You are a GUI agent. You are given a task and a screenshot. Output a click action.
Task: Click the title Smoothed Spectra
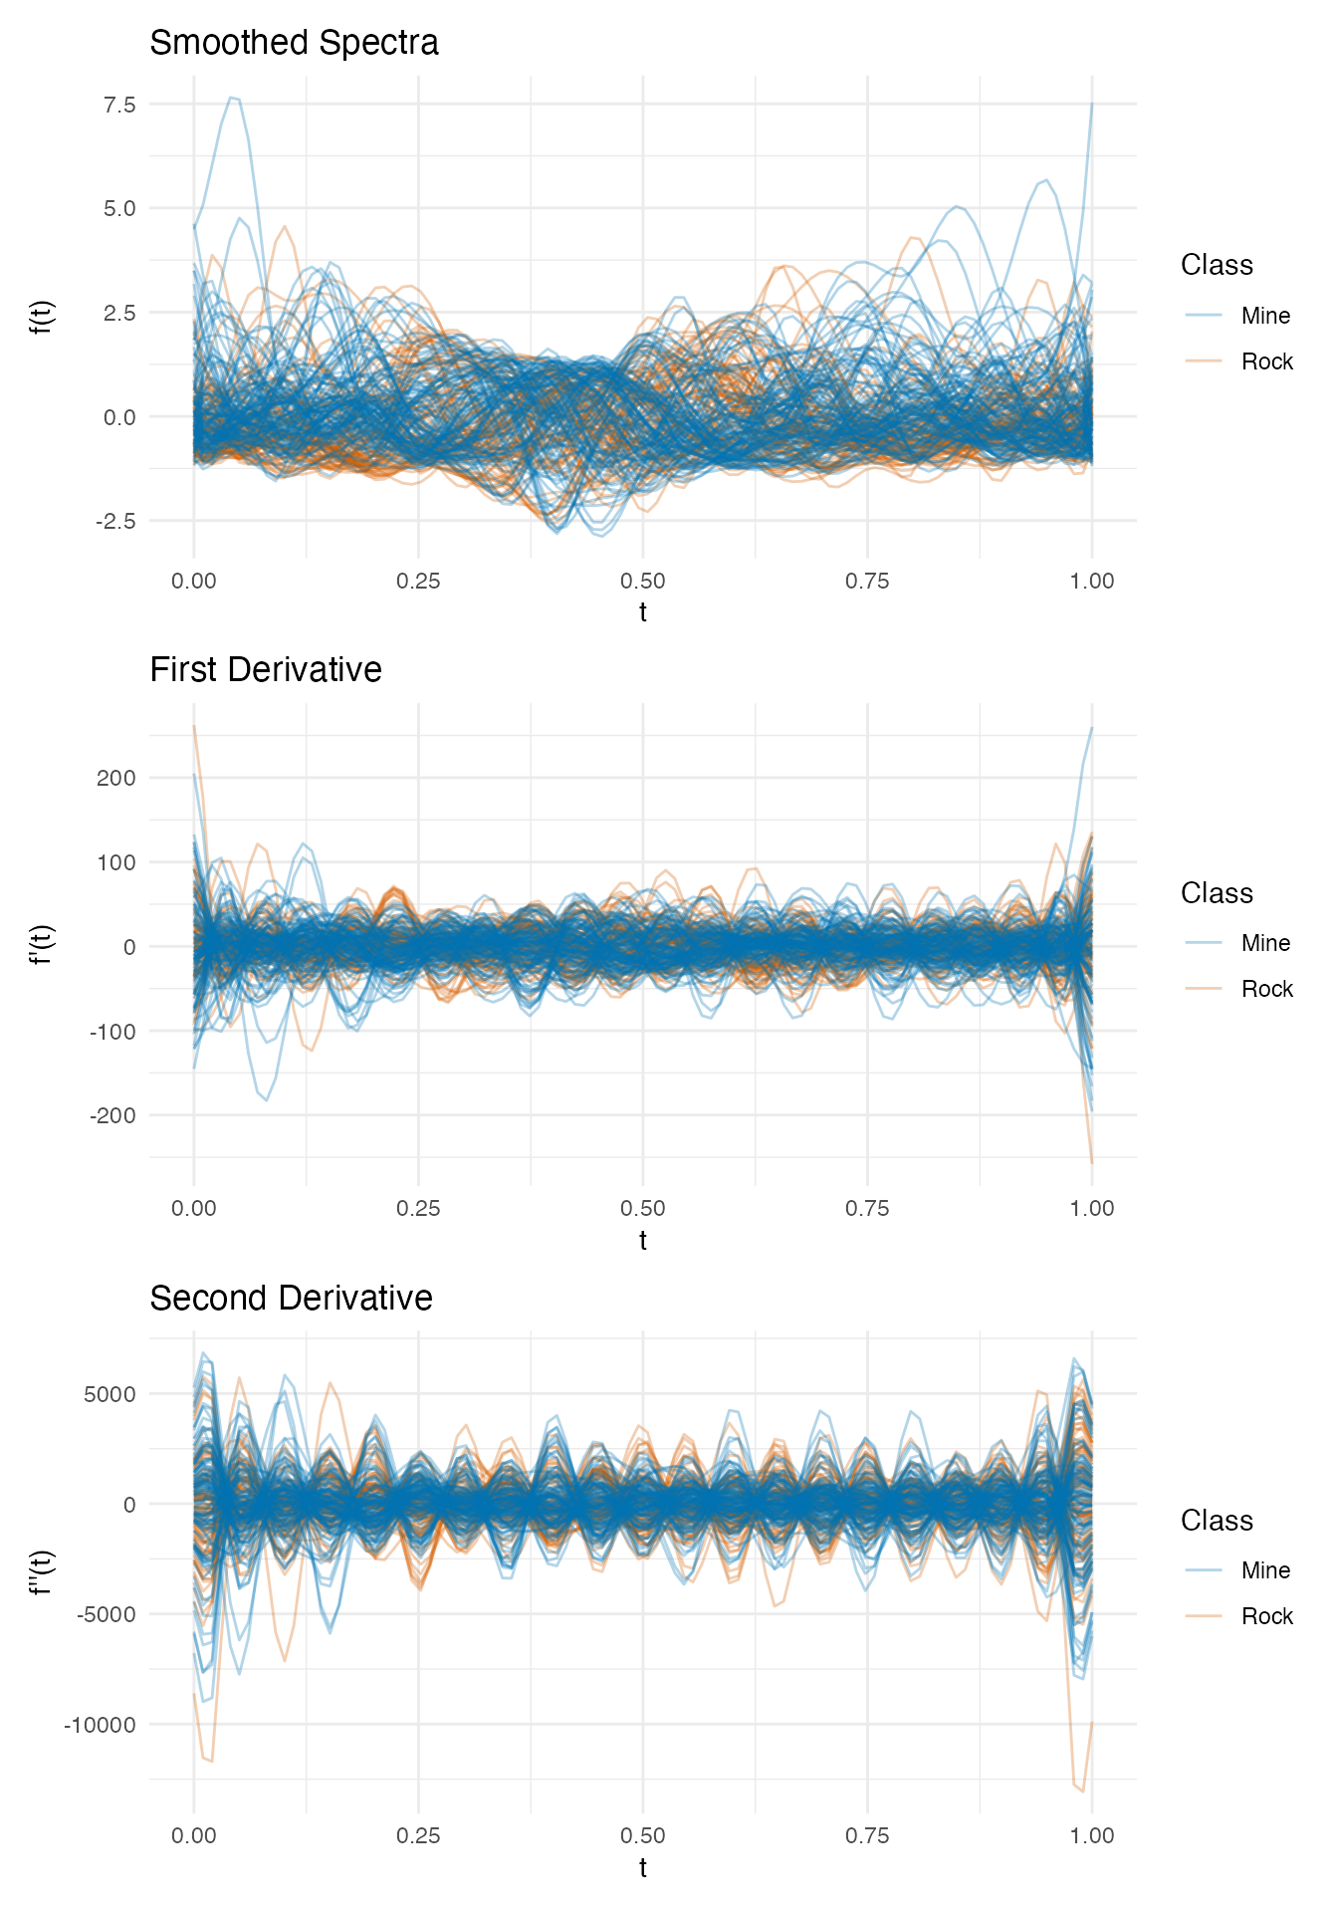(294, 43)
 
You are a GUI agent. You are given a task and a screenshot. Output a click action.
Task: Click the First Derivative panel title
(266, 670)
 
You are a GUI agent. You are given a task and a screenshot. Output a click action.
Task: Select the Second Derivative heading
(291, 1299)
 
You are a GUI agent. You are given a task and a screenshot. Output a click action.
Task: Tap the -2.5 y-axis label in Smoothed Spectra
(114, 521)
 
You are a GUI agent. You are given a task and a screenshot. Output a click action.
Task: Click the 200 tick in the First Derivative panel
(116, 778)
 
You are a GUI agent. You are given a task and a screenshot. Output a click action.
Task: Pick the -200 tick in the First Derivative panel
(112, 1116)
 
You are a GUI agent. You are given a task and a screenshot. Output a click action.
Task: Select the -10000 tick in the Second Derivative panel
(100, 1725)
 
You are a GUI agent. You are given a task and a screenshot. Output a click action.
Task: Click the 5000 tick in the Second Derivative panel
(111, 1394)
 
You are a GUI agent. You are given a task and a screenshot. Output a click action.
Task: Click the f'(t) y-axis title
(42, 946)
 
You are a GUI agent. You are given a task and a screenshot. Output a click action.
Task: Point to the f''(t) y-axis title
(42, 1573)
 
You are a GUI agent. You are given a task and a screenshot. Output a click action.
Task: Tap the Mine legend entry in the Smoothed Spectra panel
(1265, 316)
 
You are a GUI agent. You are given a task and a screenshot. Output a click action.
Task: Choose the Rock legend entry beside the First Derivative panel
(1266, 989)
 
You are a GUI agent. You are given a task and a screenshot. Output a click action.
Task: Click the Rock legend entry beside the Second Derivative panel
(1266, 1616)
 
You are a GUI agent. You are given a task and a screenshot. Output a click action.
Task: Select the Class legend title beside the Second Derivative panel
(1217, 1521)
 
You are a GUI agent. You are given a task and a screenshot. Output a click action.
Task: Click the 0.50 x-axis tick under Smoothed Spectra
(643, 581)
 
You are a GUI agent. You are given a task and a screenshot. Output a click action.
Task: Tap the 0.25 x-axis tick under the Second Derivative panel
(418, 1836)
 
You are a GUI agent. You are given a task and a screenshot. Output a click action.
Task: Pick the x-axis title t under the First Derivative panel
(643, 1240)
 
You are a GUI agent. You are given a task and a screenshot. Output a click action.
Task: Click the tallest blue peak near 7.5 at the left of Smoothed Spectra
(232, 98)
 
